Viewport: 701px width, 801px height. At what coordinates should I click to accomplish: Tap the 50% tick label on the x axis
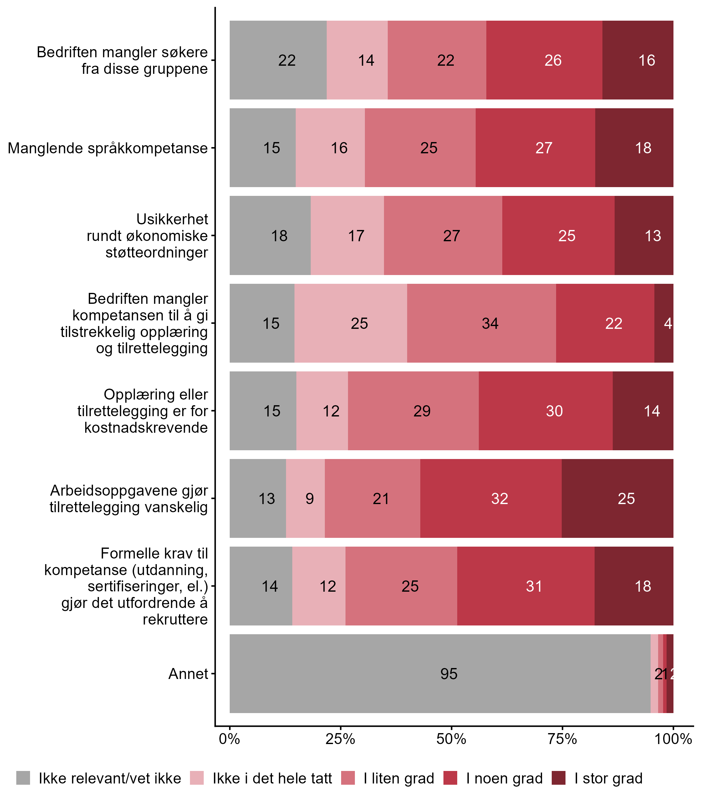(451, 739)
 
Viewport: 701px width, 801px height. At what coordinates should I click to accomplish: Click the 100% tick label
(673, 739)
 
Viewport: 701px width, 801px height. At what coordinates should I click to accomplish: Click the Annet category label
(188, 674)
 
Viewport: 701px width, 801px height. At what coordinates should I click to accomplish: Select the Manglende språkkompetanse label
(108, 148)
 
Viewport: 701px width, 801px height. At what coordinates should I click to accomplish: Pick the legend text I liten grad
(399, 778)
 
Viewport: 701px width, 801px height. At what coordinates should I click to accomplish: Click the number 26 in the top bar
(553, 60)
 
